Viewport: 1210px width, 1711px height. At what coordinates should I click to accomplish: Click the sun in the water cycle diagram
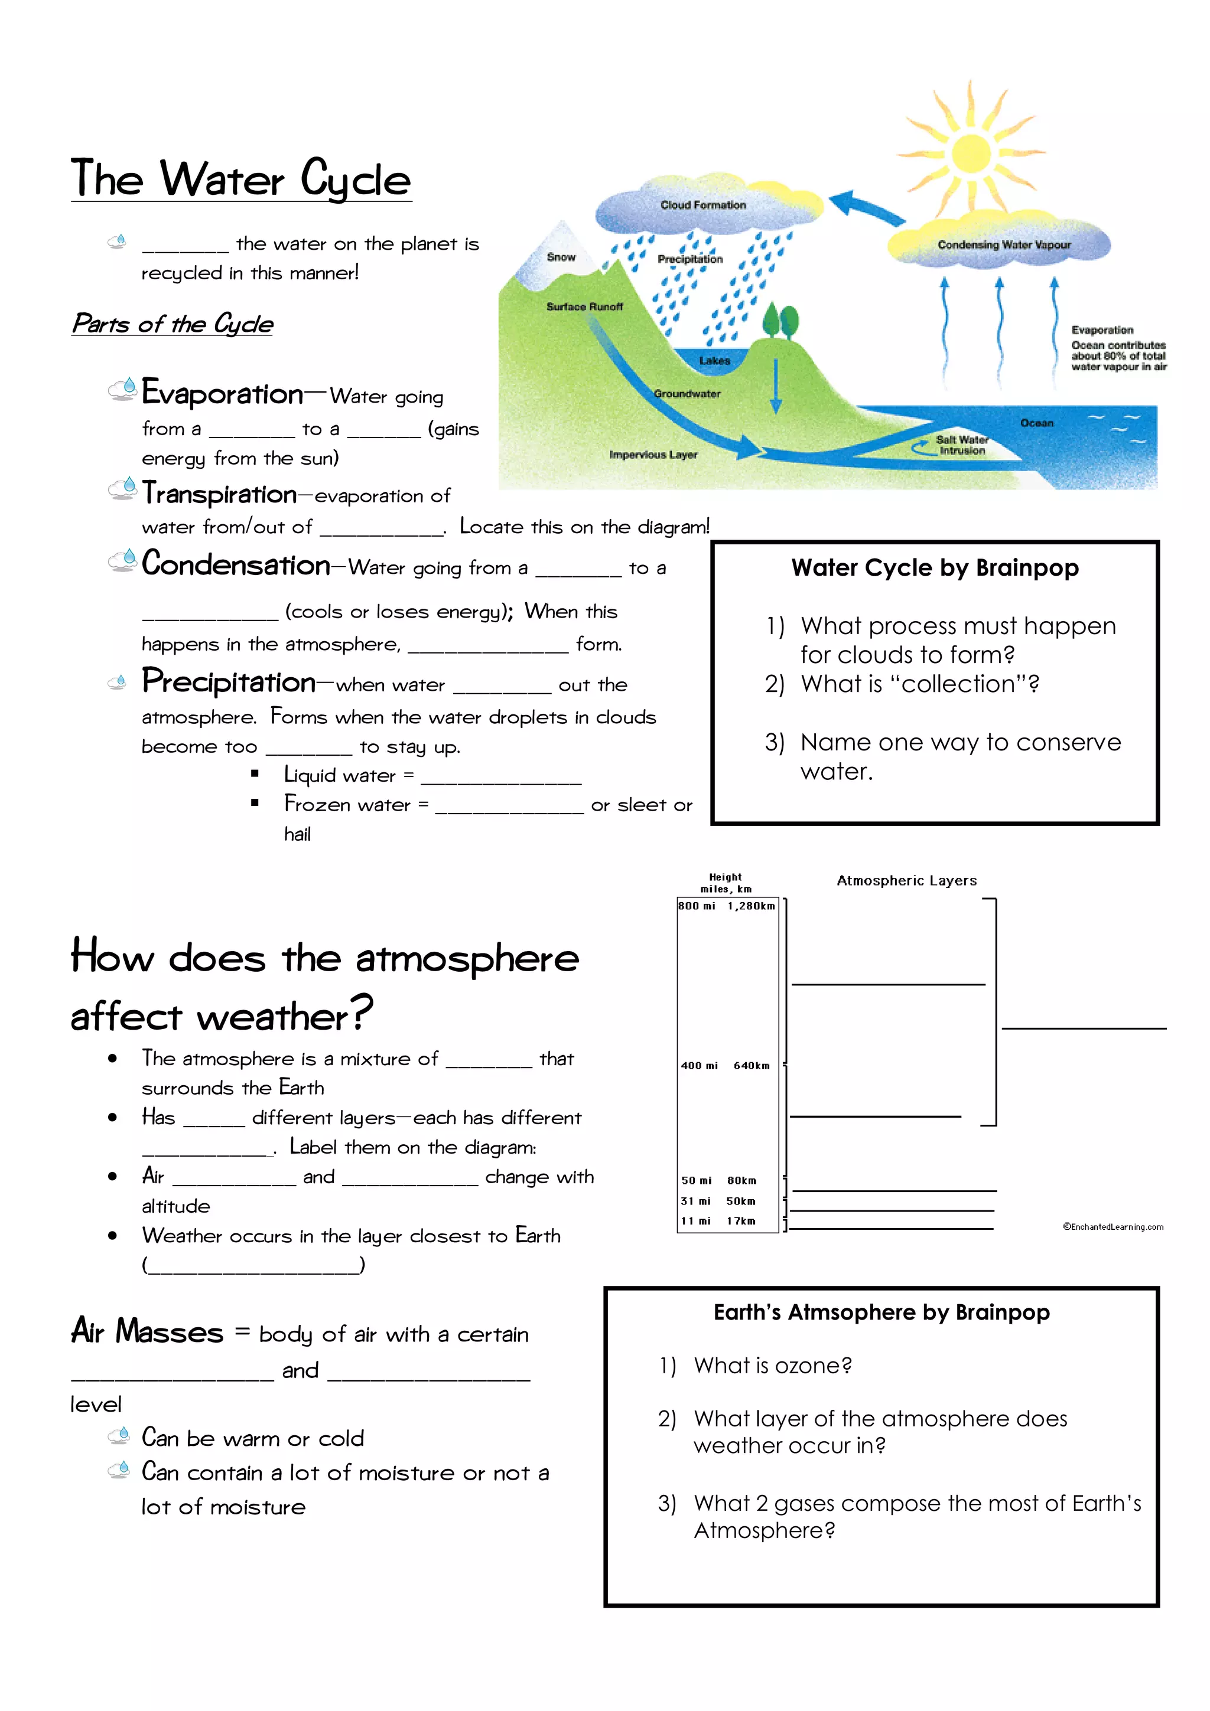point(971,154)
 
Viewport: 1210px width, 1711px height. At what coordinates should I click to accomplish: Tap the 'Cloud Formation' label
point(702,205)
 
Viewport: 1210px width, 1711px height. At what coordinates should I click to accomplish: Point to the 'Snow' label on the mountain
point(561,257)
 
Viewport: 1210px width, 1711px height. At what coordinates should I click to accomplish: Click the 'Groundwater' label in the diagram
point(687,393)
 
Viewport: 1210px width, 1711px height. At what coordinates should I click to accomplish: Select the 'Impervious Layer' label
point(653,455)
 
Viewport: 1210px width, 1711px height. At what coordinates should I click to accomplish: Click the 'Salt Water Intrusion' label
point(962,445)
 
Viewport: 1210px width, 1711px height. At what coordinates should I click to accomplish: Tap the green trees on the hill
point(780,321)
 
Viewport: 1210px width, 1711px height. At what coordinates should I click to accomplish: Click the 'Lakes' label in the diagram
point(714,361)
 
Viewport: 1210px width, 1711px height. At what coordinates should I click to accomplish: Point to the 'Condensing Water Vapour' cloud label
point(1003,244)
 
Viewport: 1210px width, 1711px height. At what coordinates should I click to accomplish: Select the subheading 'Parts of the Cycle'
point(172,324)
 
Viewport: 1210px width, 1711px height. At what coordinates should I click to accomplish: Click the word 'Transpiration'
point(220,494)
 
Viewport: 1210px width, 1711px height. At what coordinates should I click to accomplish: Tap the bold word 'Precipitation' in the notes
point(229,681)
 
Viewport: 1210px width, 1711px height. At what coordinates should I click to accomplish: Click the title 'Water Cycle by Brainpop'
point(934,568)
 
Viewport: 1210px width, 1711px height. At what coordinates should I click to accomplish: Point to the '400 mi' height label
point(698,1066)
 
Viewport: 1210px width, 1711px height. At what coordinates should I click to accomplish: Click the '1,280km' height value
point(751,906)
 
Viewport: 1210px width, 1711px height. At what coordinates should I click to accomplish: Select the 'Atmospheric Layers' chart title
point(906,881)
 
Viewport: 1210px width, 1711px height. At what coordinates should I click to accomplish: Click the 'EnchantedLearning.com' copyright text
point(1113,1227)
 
